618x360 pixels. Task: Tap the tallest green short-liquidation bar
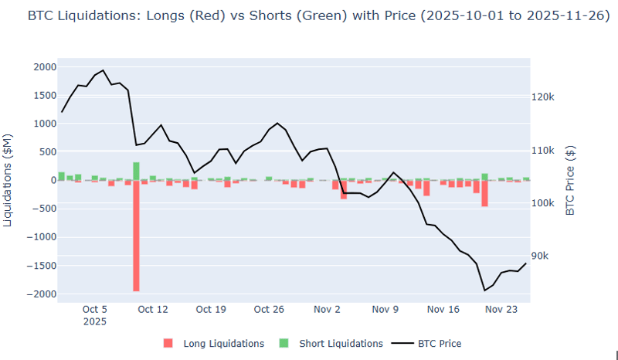tap(136, 171)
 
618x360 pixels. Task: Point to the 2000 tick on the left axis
tap(44, 67)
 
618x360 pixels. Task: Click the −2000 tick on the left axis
tap(42, 294)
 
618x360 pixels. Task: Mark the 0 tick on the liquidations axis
tap(53, 180)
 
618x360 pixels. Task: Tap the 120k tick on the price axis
tap(545, 97)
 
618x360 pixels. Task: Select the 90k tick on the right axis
tap(543, 256)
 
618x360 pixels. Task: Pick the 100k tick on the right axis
tap(545, 203)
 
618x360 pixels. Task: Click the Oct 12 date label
tap(153, 309)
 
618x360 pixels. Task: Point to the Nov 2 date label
tap(328, 309)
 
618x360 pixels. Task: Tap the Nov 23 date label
tap(502, 309)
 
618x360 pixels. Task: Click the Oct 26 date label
tap(269, 309)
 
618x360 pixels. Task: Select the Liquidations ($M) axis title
tap(8, 180)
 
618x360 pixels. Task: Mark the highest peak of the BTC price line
tap(104, 70)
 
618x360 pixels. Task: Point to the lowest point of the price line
tap(484, 290)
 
